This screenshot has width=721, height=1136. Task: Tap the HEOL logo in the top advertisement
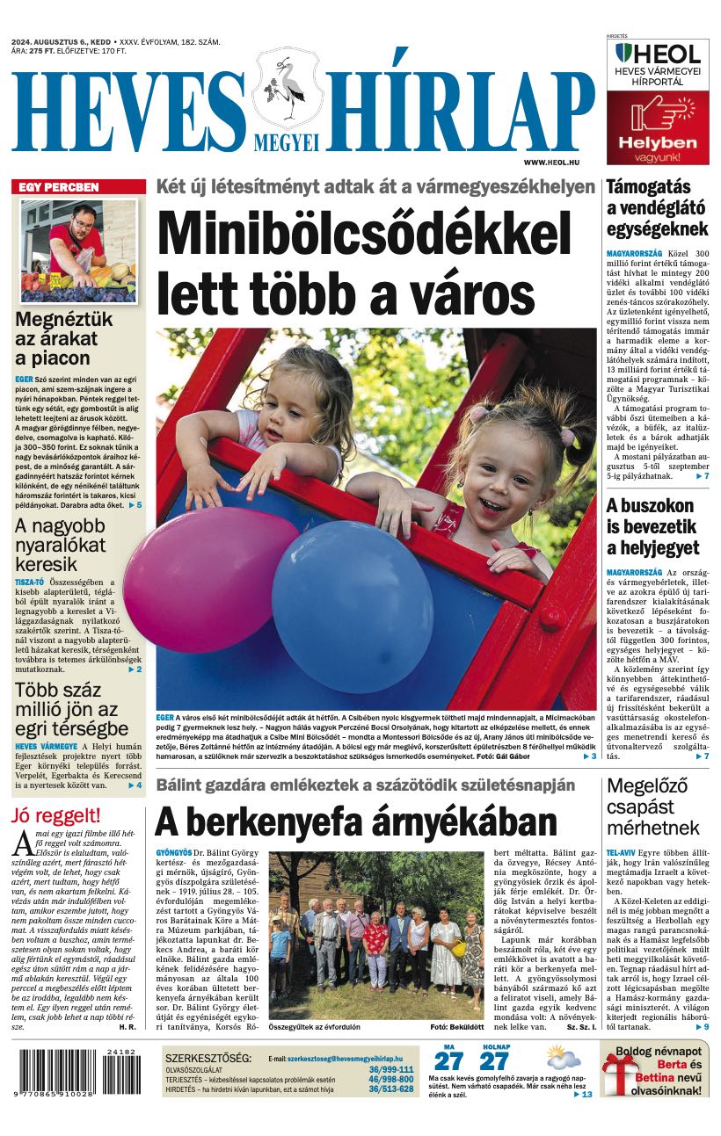[x=658, y=54]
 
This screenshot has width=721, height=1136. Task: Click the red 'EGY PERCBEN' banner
[x=78, y=187]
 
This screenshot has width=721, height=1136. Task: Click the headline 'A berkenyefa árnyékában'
[x=356, y=821]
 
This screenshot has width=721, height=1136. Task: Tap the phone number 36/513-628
[x=390, y=1089]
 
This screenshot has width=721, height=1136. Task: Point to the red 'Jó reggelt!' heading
[x=56, y=815]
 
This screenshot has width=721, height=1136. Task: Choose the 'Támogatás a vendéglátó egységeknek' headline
[x=657, y=208]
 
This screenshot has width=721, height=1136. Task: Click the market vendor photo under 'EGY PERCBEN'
[x=79, y=250]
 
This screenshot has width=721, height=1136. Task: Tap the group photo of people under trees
[x=375, y=934]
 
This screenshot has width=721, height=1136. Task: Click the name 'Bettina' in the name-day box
[x=631, y=1077]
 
